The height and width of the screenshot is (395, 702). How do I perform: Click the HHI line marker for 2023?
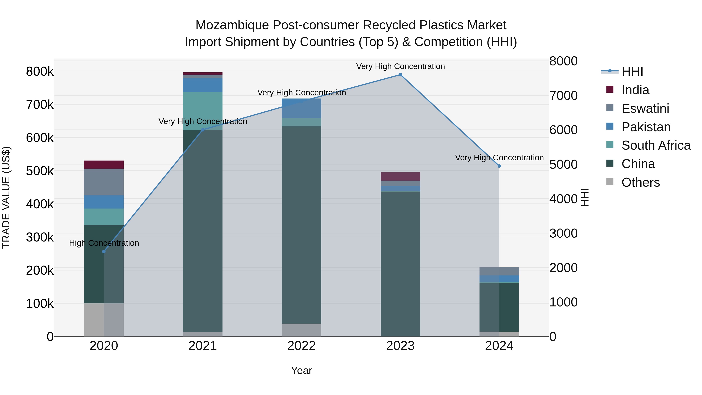coord(400,75)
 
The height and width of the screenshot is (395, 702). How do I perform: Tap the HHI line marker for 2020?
coord(104,252)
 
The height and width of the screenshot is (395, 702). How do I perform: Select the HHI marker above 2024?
coord(499,166)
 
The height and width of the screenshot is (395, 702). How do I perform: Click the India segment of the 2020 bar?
coord(104,165)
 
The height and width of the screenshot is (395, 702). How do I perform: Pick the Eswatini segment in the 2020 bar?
coord(104,182)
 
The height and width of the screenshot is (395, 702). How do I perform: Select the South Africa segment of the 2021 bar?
coord(202,111)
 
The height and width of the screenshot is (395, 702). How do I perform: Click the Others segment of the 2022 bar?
coord(301,330)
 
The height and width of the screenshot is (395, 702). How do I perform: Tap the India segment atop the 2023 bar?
coord(400,176)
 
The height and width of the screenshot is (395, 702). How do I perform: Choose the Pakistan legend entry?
coord(646,127)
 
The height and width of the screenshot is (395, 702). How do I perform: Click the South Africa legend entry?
coord(656,145)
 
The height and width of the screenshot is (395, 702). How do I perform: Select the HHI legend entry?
coord(632,71)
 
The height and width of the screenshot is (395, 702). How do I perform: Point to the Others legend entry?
coord(640,182)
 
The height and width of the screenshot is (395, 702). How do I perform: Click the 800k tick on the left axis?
coord(40,72)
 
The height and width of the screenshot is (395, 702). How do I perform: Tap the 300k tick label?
coord(40,237)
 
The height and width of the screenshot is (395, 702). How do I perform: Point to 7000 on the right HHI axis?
coord(563,96)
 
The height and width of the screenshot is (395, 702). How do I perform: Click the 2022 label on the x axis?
coord(301,346)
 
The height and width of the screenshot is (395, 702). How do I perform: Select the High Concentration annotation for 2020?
coord(104,243)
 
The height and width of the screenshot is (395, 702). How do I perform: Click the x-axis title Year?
coord(301,370)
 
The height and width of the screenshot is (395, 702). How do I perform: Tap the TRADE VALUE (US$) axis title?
coord(6,197)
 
